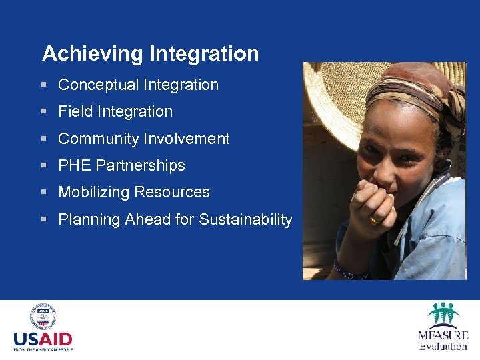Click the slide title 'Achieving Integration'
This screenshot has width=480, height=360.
150,53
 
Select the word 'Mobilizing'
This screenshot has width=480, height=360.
93,192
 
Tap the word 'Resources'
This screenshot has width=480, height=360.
172,192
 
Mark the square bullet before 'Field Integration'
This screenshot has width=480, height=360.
43,112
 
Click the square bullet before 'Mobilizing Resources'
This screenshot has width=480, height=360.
43,193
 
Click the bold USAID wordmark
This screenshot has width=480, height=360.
43,339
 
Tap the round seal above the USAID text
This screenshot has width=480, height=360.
42,316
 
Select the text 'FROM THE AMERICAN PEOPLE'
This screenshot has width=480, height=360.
43,349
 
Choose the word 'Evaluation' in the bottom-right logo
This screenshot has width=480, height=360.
443,346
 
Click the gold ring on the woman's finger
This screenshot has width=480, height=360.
374,219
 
